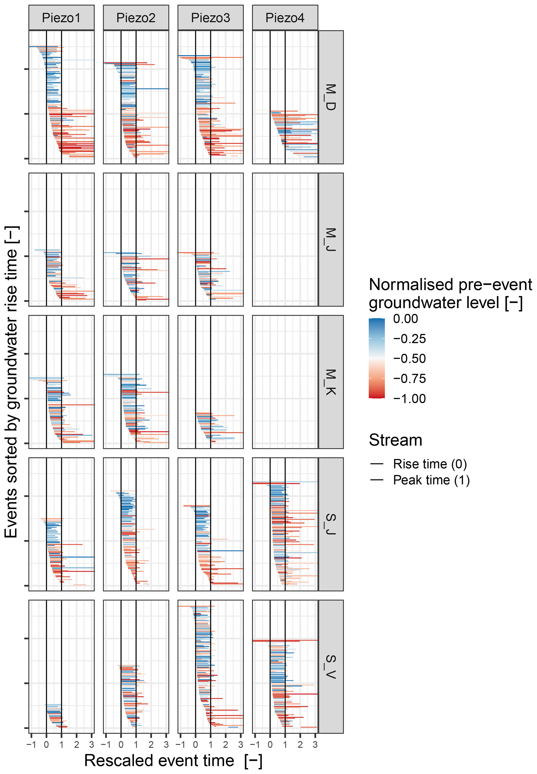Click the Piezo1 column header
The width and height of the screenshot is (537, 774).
pos(61,18)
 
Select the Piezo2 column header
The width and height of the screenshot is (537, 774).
pos(136,18)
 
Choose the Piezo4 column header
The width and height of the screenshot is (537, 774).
pos(285,18)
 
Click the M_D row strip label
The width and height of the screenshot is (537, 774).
pos(330,97)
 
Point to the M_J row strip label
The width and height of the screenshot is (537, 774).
pos(330,239)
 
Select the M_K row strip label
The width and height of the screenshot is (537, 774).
pos(330,382)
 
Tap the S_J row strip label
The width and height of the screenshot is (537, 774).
pos(330,524)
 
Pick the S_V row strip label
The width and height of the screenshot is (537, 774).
pos(330,667)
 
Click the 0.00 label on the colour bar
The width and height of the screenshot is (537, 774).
pos(406,318)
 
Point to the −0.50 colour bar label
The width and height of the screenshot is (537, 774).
pos(409,359)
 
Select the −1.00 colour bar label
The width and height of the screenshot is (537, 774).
pos(409,399)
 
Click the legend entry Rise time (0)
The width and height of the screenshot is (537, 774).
pos(430,464)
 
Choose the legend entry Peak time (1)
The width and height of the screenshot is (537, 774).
pos(431,480)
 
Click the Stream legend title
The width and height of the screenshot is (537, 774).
pos(395,440)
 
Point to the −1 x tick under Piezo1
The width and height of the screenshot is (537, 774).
pos(31,744)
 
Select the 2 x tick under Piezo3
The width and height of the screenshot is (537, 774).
pos(226,744)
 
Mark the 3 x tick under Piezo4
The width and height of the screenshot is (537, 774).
pos(315,744)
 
